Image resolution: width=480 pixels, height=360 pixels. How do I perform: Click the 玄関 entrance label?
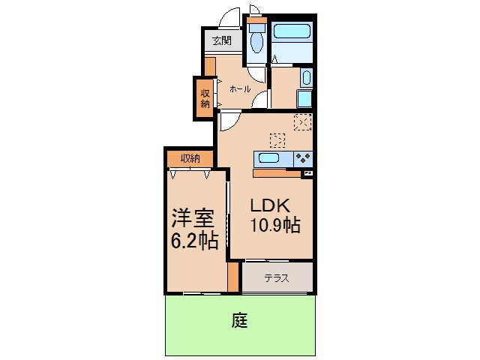point(221,40)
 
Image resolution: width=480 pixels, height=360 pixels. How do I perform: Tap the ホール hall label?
point(240,88)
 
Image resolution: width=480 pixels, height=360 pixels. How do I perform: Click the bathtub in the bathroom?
point(292,31)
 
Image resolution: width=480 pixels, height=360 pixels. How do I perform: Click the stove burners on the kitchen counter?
point(303,158)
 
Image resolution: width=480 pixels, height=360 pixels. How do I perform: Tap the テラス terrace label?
point(277,278)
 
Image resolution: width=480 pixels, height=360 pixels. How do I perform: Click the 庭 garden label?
point(239,322)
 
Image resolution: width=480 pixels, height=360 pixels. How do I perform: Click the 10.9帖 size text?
point(276,225)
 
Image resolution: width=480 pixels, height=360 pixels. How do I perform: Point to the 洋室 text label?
point(193,219)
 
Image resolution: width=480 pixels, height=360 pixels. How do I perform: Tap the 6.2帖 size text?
point(193,240)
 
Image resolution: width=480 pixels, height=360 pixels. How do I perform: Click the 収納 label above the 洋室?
point(190,158)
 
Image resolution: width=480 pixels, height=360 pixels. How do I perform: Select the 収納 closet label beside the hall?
point(204,98)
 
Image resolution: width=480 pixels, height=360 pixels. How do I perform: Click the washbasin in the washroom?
point(306,78)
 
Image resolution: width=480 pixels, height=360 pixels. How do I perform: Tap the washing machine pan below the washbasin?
point(304,99)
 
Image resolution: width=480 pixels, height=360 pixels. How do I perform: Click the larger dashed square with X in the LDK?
point(302,122)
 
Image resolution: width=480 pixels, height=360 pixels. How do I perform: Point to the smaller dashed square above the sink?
point(277,140)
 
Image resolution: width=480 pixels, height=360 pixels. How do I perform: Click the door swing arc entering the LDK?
point(227,121)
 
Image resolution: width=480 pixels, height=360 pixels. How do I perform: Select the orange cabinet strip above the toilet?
point(257,20)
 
